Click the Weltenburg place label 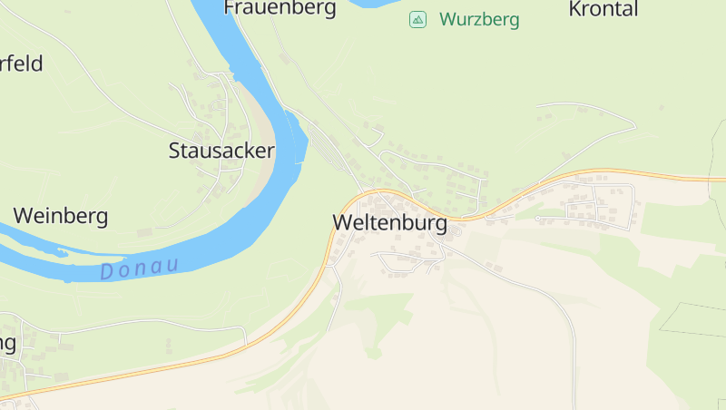389,223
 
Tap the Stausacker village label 221,151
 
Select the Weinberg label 61,216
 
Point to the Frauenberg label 280,8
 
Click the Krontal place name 603,9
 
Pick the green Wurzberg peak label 479,19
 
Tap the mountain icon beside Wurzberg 417,19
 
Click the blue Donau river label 139,268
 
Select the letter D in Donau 107,271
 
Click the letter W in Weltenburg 342,223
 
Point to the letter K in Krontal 574,9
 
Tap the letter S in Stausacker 175,151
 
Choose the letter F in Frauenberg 231,8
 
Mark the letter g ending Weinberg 103,218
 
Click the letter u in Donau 171,266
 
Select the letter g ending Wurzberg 514,21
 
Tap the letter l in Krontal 634,9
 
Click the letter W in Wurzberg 447,19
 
